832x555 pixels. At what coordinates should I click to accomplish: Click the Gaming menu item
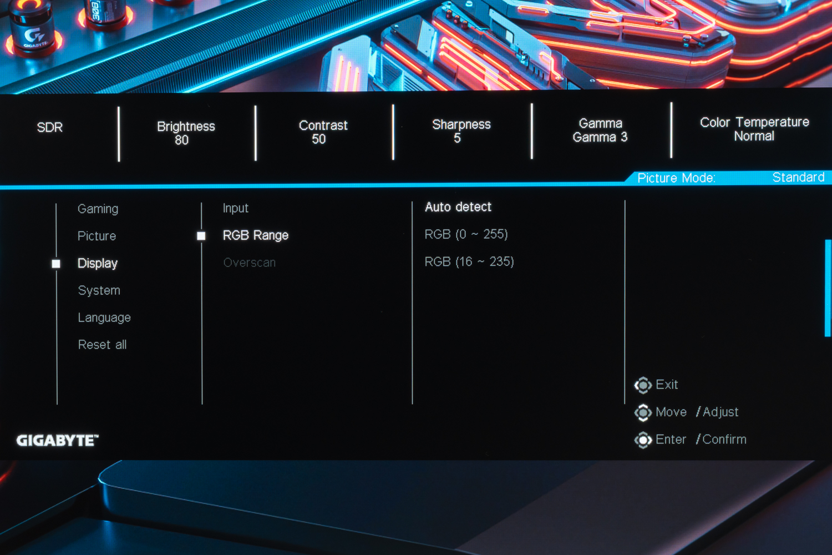(98, 209)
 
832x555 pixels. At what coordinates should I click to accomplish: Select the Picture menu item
(97, 236)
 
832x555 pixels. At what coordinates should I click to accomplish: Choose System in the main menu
(99, 290)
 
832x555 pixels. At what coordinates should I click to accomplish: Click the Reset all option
(103, 345)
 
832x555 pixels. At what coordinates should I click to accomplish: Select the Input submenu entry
(236, 208)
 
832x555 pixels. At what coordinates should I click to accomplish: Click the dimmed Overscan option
(250, 263)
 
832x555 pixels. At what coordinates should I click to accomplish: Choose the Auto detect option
(458, 206)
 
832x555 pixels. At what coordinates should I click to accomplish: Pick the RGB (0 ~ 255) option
(466, 234)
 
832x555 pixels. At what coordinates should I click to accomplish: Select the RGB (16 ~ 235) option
(469, 262)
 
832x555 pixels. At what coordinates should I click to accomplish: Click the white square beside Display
(56, 264)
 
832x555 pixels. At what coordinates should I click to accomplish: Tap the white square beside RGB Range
(201, 236)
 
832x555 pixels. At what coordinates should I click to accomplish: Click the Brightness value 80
(181, 140)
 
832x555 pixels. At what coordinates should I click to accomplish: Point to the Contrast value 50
(319, 139)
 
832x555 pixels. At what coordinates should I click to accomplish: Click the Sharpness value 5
(457, 138)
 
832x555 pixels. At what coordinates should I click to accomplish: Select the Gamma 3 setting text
(600, 137)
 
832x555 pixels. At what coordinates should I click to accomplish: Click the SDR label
(50, 128)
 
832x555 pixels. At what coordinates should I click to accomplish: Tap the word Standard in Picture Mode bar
(799, 177)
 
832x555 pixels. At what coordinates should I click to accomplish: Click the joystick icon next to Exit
(643, 385)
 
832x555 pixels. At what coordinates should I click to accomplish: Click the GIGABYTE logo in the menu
(58, 441)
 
